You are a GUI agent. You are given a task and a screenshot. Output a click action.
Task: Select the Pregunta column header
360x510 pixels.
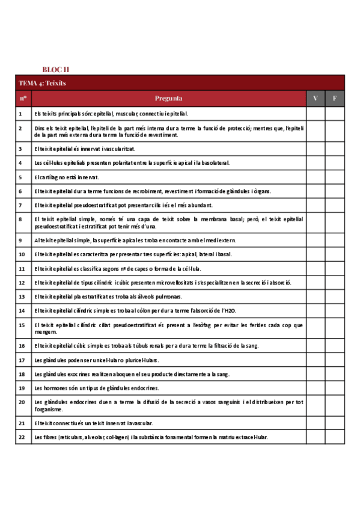(168, 98)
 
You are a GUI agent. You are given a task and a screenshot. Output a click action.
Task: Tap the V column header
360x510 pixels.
(316, 98)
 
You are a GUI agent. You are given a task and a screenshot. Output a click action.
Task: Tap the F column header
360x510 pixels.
(335, 98)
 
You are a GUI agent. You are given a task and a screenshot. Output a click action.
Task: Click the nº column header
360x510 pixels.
(23, 98)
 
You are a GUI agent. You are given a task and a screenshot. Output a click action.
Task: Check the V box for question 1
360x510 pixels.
(316, 113)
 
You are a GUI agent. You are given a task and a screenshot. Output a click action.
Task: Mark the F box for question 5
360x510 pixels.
(335, 177)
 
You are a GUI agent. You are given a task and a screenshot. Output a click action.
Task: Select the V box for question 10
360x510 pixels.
(316, 254)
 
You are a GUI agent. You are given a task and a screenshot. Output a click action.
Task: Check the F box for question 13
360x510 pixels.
(335, 296)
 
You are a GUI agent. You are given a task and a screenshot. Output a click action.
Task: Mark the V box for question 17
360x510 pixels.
(316, 360)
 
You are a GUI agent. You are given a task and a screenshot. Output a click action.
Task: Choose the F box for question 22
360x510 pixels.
(335, 437)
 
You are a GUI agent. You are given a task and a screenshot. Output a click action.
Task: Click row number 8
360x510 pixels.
(20, 220)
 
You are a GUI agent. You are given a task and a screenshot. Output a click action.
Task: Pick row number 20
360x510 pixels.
(21, 402)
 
